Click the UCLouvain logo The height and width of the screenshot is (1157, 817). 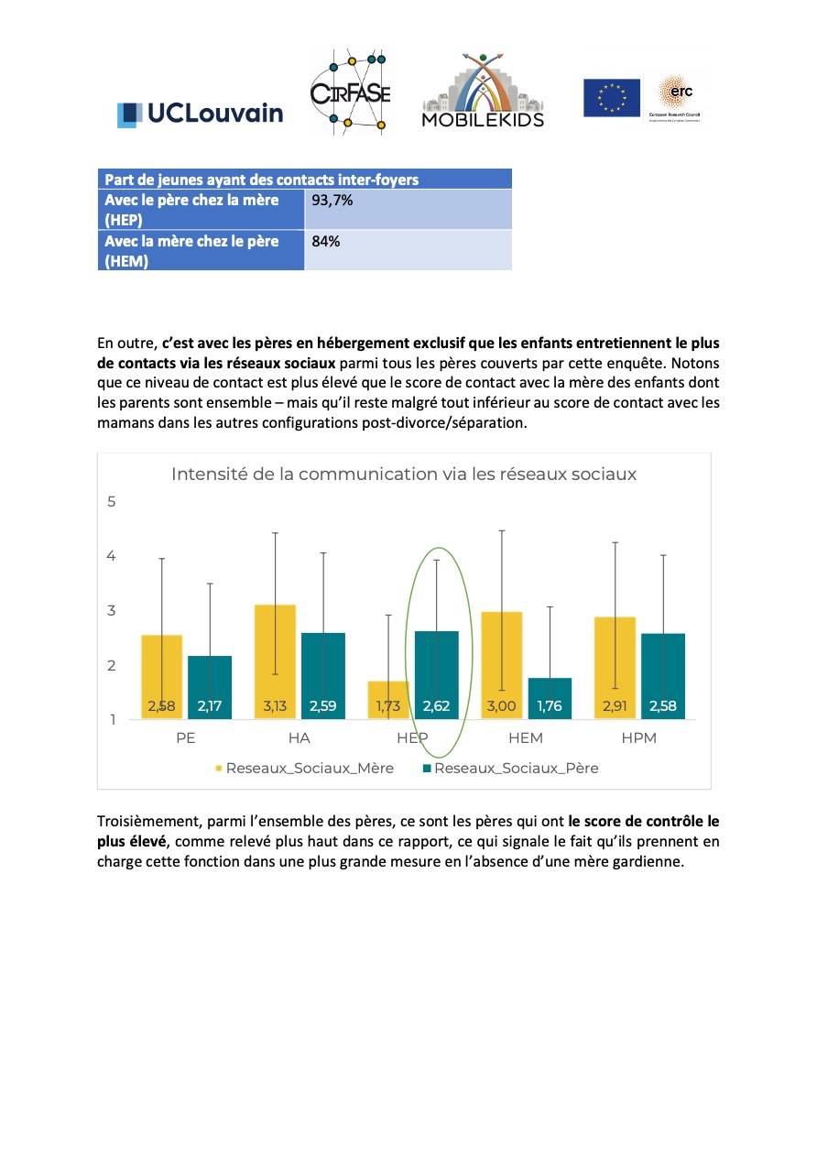click(x=200, y=115)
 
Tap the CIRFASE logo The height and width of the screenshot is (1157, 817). click(x=350, y=92)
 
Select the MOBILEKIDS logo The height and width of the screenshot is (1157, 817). click(x=483, y=91)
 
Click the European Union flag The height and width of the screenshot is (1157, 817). click(x=612, y=98)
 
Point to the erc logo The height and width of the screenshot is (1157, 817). click(x=674, y=98)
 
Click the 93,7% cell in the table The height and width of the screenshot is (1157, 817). click(x=408, y=209)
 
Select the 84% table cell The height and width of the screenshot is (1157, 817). click(x=408, y=250)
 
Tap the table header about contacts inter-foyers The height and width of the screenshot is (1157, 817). click(x=305, y=180)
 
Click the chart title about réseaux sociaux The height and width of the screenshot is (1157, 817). click(x=404, y=474)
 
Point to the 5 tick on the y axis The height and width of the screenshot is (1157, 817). click(x=112, y=501)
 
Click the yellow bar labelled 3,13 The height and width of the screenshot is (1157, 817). click(x=275, y=661)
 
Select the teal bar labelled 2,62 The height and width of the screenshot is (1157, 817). click(x=436, y=675)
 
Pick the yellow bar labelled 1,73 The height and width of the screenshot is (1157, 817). click(x=387, y=700)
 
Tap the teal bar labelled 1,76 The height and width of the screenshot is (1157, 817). click(x=550, y=698)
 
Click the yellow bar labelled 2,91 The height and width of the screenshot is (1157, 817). click(x=615, y=668)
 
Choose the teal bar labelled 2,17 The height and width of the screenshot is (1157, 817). click(x=210, y=687)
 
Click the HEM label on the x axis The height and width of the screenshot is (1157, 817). click(x=526, y=738)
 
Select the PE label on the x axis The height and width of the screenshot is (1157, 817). click(x=186, y=738)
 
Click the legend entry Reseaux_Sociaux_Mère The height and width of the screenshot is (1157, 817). click(x=305, y=769)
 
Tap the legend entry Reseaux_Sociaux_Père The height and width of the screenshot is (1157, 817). click(x=511, y=769)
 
